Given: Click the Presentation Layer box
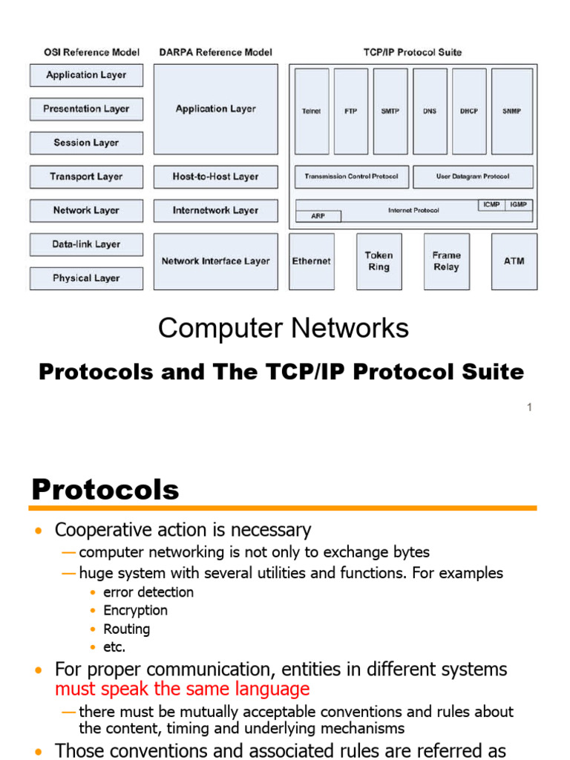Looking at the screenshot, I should pyautogui.click(x=86, y=109).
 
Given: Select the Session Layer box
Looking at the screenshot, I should pyautogui.click(x=86, y=142).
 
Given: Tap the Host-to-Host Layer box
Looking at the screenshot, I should pyautogui.click(x=215, y=177).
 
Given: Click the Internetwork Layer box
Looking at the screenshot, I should pyautogui.click(x=215, y=210).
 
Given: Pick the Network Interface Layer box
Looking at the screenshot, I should pyautogui.click(x=215, y=261).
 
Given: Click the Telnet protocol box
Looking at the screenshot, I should pyautogui.click(x=312, y=111).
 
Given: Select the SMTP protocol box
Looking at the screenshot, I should pyautogui.click(x=390, y=111).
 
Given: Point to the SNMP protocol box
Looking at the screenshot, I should pyautogui.click(x=511, y=111).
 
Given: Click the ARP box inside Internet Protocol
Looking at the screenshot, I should pyautogui.click(x=318, y=217).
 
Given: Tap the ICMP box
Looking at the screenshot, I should pyautogui.click(x=491, y=204).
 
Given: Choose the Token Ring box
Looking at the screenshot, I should pyautogui.click(x=379, y=261).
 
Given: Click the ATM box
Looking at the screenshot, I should pyautogui.click(x=514, y=261).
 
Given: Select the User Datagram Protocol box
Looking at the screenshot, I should pyautogui.click(x=472, y=177).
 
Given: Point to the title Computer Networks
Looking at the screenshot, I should pyautogui.click(x=284, y=328).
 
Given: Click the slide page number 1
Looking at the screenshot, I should pyautogui.click(x=530, y=407).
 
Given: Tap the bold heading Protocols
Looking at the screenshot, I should pyautogui.click(x=105, y=490).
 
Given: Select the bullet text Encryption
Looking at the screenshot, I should pyautogui.click(x=135, y=610).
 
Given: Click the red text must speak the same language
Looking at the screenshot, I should pyautogui.click(x=183, y=689).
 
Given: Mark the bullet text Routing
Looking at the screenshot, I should pyautogui.click(x=126, y=629).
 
